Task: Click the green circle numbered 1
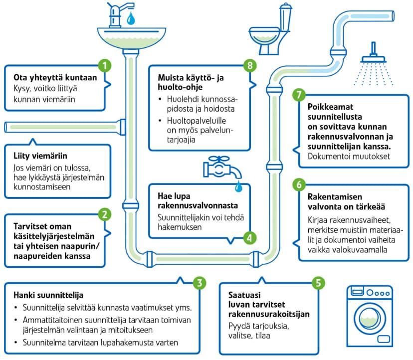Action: pos(104,65)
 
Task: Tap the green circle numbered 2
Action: pos(104,215)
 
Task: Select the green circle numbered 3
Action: pos(199,283)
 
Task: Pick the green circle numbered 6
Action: pos(299,184)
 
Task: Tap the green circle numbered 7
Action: pos(299,95)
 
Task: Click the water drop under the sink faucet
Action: pos(131,18)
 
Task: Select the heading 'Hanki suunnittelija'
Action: pos(48,295)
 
